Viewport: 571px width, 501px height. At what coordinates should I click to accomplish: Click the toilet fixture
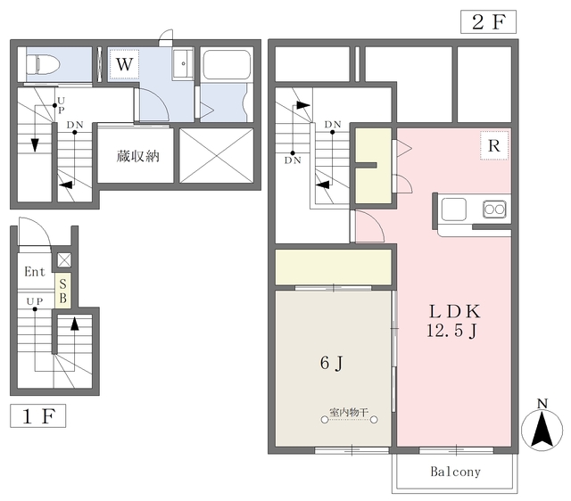pos(43,65)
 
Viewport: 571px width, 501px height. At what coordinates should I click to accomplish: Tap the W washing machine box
pos(124,64)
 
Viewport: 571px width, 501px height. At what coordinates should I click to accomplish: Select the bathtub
pos(227,64)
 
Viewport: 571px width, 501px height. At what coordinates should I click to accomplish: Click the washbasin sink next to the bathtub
pos(183,63)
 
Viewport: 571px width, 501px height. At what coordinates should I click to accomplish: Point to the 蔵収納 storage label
pos(137,156)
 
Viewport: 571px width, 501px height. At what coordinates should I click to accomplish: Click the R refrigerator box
pos(493,145)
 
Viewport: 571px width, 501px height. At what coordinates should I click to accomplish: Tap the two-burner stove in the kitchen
pos(494,209)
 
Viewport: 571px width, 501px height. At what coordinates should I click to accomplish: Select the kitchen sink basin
pos(454,209)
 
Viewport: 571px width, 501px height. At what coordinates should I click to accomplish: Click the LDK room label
pos(454,311)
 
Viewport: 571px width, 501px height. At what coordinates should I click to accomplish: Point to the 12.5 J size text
pos(451,331)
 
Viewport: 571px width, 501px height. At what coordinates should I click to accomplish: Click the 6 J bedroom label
pos(331,363)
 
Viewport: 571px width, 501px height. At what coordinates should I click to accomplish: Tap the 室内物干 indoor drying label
pos(349,412)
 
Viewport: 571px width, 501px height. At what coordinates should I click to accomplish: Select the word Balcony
pos(455,472)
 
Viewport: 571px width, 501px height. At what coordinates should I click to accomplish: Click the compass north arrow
pos(542,430)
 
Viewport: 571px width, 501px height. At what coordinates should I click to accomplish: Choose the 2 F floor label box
pos(488,21)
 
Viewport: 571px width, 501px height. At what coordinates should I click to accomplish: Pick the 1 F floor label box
pos(37,415)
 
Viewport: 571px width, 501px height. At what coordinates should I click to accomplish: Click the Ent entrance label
pos(35,271)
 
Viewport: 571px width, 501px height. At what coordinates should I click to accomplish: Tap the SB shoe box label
pos(63,292)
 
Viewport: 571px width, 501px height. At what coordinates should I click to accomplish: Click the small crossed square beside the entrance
pos(64,260)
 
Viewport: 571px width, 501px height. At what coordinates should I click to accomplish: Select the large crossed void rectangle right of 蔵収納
pos(216,156)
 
